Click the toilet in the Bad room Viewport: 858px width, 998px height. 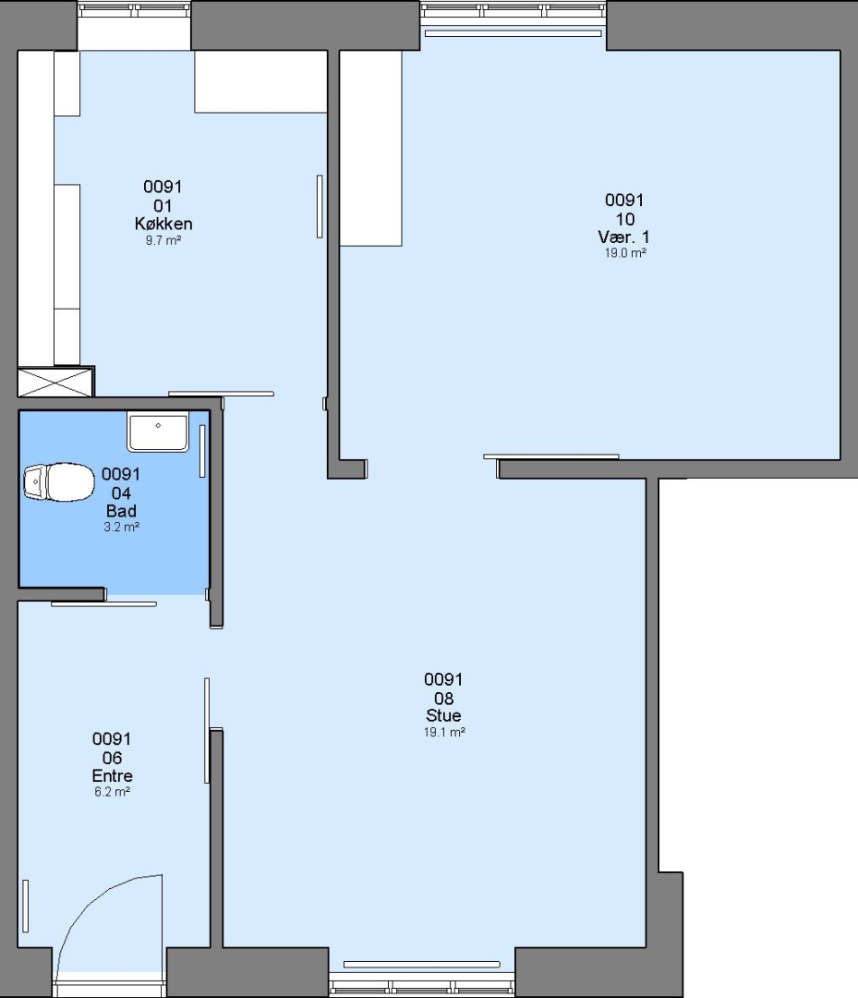(x=58, y=481)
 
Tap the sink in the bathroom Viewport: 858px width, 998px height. (x=158, y=432)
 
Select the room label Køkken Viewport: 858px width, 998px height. (x=163, y=224)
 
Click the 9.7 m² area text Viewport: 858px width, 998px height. (x=163, y=240)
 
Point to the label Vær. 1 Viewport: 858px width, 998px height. (x=624, y=237)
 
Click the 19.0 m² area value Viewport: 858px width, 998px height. (x=625, y=252)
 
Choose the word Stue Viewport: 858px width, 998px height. (x=443, y=715)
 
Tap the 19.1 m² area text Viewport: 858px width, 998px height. (x=444, y=732)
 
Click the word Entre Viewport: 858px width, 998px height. (x=113, y=776)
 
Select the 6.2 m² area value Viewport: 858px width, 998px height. (x=113, y=792)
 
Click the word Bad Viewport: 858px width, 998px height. (x=121, y=511)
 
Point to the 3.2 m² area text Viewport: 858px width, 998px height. (x=122, y=527)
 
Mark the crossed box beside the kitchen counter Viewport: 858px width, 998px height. (x=55, y=382)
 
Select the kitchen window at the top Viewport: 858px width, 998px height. (x=134, y=9)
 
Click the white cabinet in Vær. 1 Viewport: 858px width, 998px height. (x=370, y=148)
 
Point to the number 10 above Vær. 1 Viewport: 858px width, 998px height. (x=625, y=220)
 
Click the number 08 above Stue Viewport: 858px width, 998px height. (x=443, y=699)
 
